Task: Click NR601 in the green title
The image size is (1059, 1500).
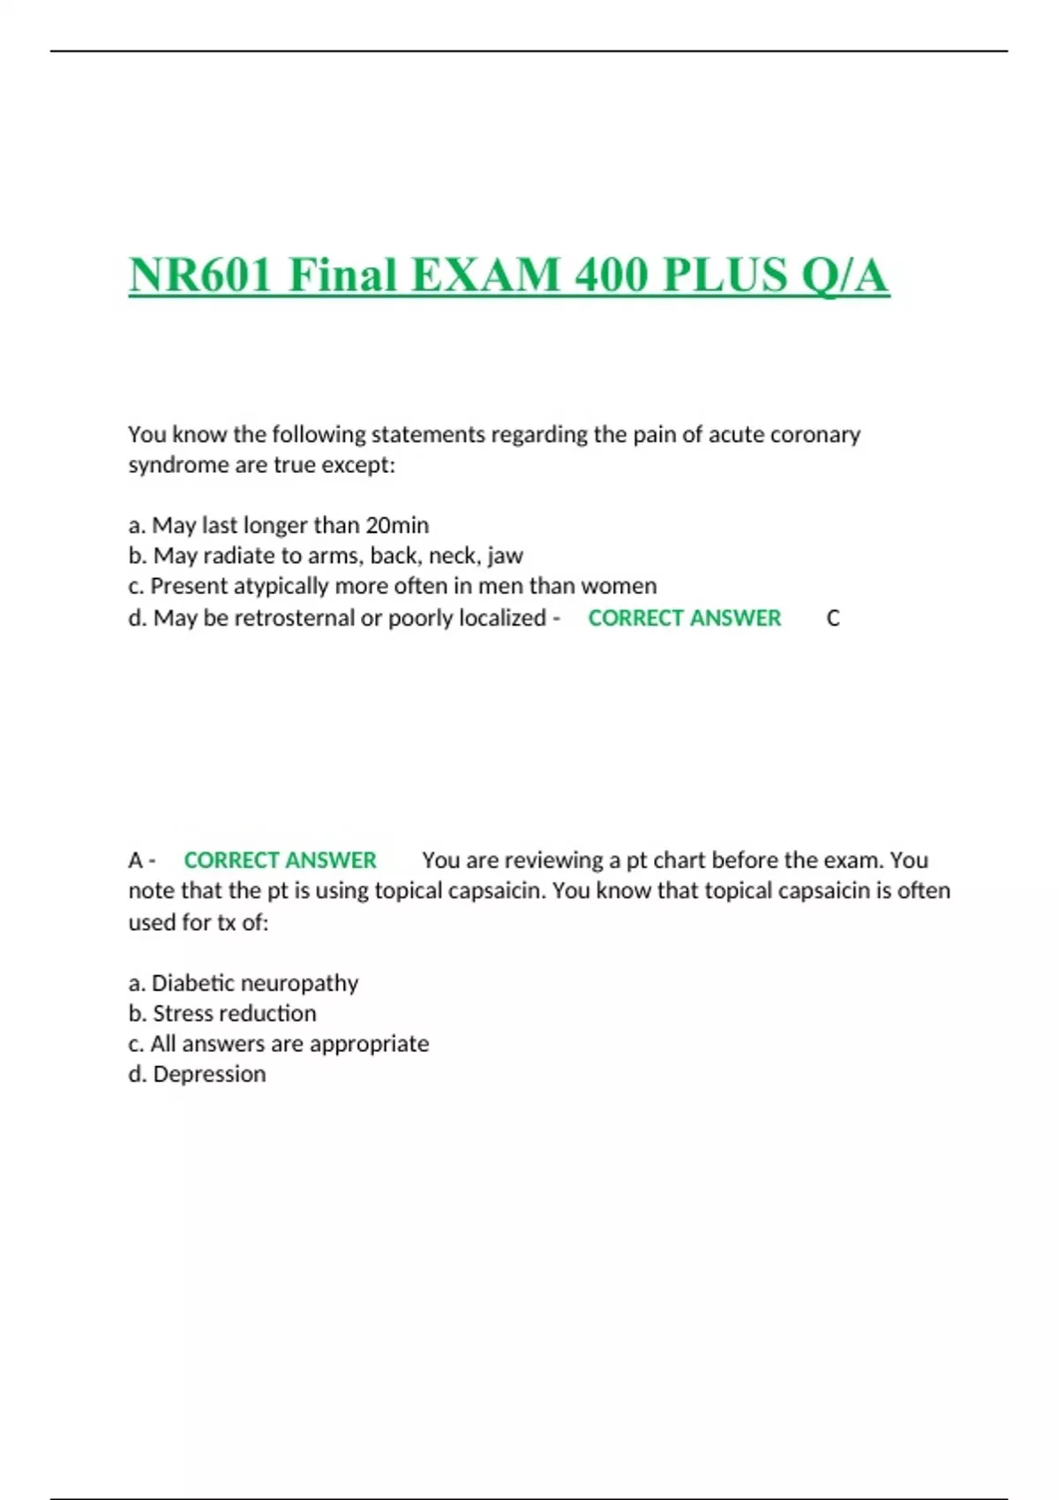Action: pos(200,274)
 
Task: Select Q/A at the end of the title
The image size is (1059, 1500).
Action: pos(844,274)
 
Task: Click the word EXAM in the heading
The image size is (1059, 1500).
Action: pos(485,274)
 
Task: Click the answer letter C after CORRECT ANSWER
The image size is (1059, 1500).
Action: pos(832,619)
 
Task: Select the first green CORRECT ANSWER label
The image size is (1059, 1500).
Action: pos(684,618)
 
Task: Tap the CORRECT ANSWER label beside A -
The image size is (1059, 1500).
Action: pos(280,860)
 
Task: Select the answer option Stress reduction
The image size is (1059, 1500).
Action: pos(234,1013)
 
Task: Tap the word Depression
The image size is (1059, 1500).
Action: pos(209,1074)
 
